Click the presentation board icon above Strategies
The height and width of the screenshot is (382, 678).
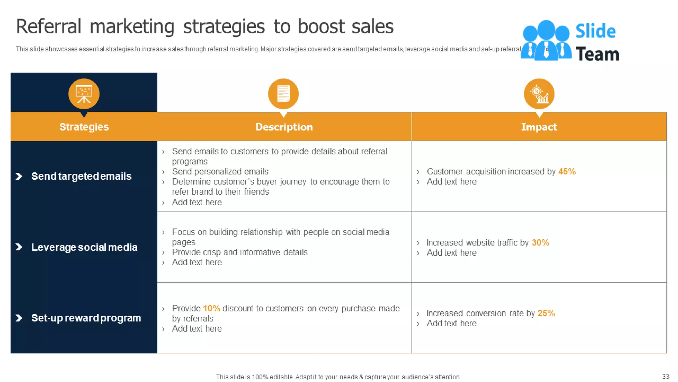(84, 94)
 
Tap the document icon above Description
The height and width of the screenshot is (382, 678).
(283, 94)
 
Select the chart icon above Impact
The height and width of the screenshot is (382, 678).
(539, 94)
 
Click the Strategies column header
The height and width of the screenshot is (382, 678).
(84, 127)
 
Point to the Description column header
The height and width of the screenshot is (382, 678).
(284, 127)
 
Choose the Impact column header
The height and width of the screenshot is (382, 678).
(539, 127)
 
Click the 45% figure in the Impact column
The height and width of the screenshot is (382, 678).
(567, 171)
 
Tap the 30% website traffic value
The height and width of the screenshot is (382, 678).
(540, 242)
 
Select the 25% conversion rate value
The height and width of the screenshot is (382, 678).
(546, 313)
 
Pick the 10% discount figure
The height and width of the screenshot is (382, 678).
(212, 308)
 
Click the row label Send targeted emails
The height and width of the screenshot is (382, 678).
(81, 176)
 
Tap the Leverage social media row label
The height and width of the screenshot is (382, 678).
(84, 247)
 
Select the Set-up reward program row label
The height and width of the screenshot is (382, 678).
(86, 318)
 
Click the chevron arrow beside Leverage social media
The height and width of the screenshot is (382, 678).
(19, 247)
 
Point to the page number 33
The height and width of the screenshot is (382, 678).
(665, 376)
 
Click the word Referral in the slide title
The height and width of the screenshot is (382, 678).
(49, 27)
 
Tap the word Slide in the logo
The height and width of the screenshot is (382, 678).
(595, 31)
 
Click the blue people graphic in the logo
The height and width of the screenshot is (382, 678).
(546, 40)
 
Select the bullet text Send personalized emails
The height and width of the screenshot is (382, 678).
(220, 171)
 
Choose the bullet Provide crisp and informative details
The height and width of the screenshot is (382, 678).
(240, 252)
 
